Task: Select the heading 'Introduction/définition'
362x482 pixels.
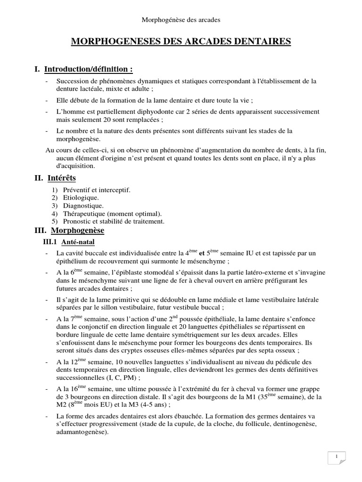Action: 88,70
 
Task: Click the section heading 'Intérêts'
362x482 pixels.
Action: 62,178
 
